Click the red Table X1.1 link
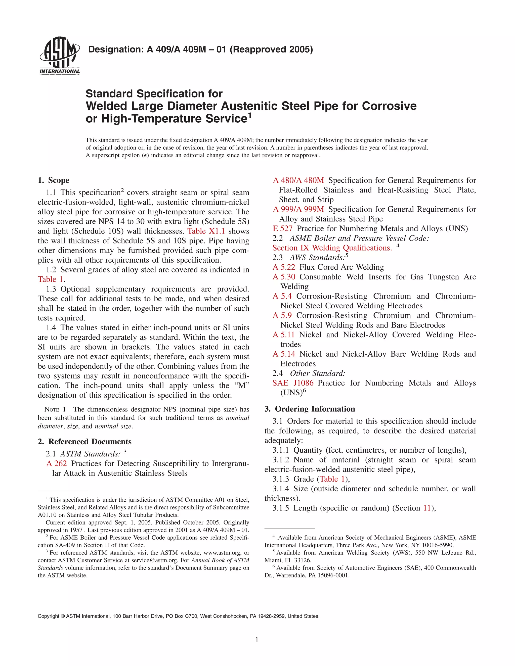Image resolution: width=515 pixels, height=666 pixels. (206, 231)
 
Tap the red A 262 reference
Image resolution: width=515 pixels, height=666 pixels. (57, 463)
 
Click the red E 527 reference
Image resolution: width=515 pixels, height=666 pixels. (282, 228)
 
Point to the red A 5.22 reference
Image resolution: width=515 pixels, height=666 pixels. (284, 267)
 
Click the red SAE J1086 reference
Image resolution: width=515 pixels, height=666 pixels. (293, 383)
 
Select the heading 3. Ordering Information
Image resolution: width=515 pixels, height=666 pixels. (310, 409)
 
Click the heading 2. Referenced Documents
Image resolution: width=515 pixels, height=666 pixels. (84, 442)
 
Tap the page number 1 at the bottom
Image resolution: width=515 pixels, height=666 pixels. (257, 640)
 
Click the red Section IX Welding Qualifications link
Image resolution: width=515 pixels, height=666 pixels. (332, 248)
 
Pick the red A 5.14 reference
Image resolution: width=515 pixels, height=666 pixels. (284, 354)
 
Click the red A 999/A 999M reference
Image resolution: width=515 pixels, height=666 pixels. (298, 209)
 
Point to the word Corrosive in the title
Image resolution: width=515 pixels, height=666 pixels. (389, 106)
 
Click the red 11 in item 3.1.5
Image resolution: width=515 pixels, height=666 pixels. (426, 508)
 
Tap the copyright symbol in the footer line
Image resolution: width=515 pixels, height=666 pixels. (63, 616)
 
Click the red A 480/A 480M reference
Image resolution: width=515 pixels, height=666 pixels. (298, 180)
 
